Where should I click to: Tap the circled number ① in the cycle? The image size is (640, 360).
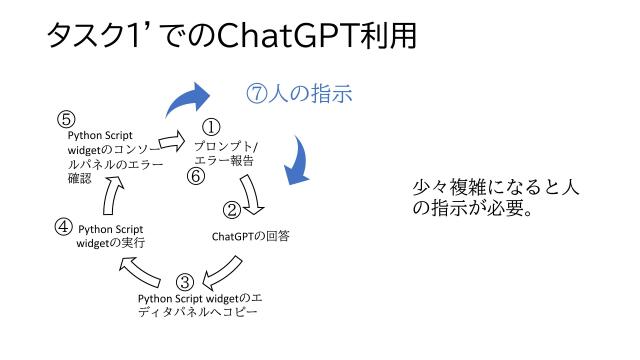pyautogui.click(x=211, y=127)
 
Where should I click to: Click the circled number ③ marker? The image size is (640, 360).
pyautogui.click(x=185, y=282)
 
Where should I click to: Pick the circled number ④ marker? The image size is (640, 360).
pyautogui.click(x=62, y=226)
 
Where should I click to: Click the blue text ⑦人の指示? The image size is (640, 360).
pyautogui.click(x=299, y=95)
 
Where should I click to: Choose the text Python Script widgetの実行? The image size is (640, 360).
pyautogui.click(x=112, y=235)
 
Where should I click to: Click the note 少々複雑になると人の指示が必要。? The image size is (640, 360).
pyautogui.click(x=495, y=197)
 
